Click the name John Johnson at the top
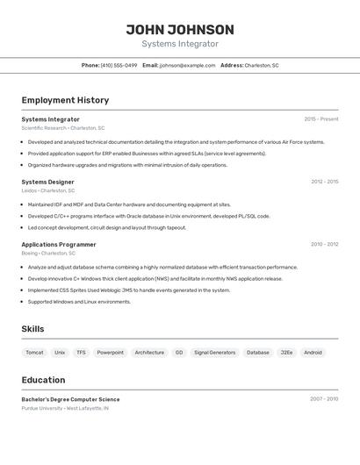pos(180,29)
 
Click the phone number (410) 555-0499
pos(119,65)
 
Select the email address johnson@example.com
pos(187,65)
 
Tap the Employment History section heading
pos(65,100)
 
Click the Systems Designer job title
pos(48,182)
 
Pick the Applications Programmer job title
pos(59,244)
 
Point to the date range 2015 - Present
pos(320,119)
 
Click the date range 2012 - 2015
pos(324,182)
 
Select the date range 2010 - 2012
pos(324,244)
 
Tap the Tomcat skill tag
pos(34,352)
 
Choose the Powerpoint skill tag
pos(110,352)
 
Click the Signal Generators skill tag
pos(214,352)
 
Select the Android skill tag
pos(313,352)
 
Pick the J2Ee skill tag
pos(286,352)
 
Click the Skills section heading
pos(33,329)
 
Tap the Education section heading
pos(43,380)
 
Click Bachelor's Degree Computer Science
pos(70,399)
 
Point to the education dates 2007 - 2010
pos(324,399)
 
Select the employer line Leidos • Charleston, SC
pos(48,190)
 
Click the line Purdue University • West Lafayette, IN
pos(65,408)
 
